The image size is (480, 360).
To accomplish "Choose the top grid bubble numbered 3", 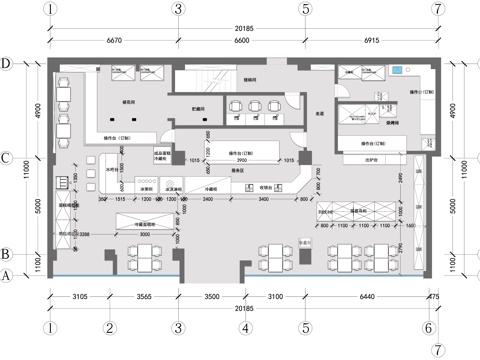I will click(178, 9).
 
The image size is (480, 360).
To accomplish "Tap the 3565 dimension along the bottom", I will click(144, 297).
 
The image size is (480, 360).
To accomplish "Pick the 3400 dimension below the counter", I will click(261, 199).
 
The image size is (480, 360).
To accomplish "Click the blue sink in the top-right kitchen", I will click(398, 71).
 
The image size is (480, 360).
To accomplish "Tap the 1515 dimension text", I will click(119, 199).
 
